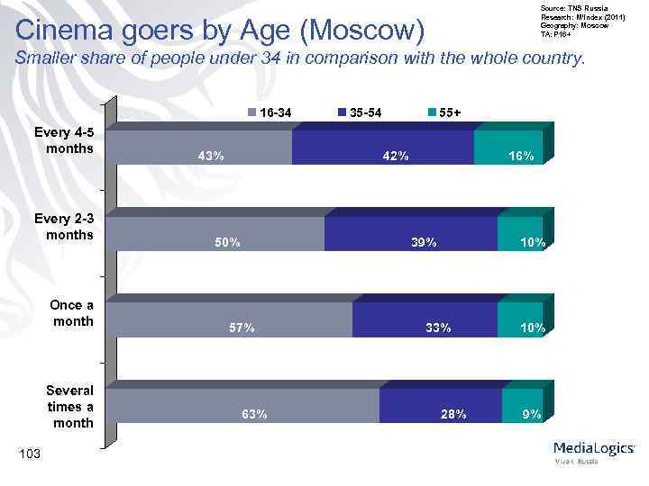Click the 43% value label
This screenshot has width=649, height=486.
coord(211,156)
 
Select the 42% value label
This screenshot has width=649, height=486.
coord(396,156)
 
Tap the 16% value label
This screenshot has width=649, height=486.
coord(520,156)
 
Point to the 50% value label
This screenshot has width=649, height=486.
coord(226,242)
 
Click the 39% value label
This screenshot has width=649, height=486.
coord(424,242)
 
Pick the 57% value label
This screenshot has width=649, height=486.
coord(241,328)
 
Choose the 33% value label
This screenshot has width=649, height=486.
coord(438,328)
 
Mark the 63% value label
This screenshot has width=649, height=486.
coord(253,415)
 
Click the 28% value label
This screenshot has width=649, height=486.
coord(452,415)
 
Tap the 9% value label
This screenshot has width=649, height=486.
coord(532,415)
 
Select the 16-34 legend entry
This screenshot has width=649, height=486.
coord(270,112)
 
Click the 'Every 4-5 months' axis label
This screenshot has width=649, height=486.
coord(63,139)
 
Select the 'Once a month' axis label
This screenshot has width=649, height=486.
coord(71,312)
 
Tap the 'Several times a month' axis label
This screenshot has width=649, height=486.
coord(69,407)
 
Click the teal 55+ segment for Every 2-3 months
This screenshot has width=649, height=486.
coord(520,229)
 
